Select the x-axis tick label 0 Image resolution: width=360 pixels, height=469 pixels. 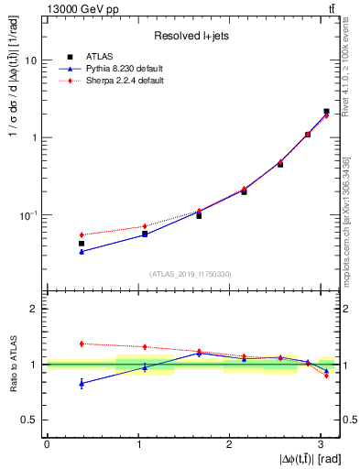(47, 444)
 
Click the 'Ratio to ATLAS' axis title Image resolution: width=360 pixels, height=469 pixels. (13, 364)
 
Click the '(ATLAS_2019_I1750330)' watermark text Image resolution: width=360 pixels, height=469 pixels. (191, 273)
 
